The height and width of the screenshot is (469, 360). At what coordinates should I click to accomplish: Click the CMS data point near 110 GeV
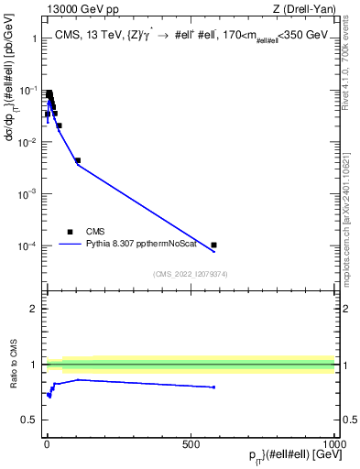(78, 160)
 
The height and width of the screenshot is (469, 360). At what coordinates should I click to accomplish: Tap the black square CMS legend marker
(70, 233)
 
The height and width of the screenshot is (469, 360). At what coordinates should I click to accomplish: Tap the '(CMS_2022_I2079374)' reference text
(191, 273)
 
